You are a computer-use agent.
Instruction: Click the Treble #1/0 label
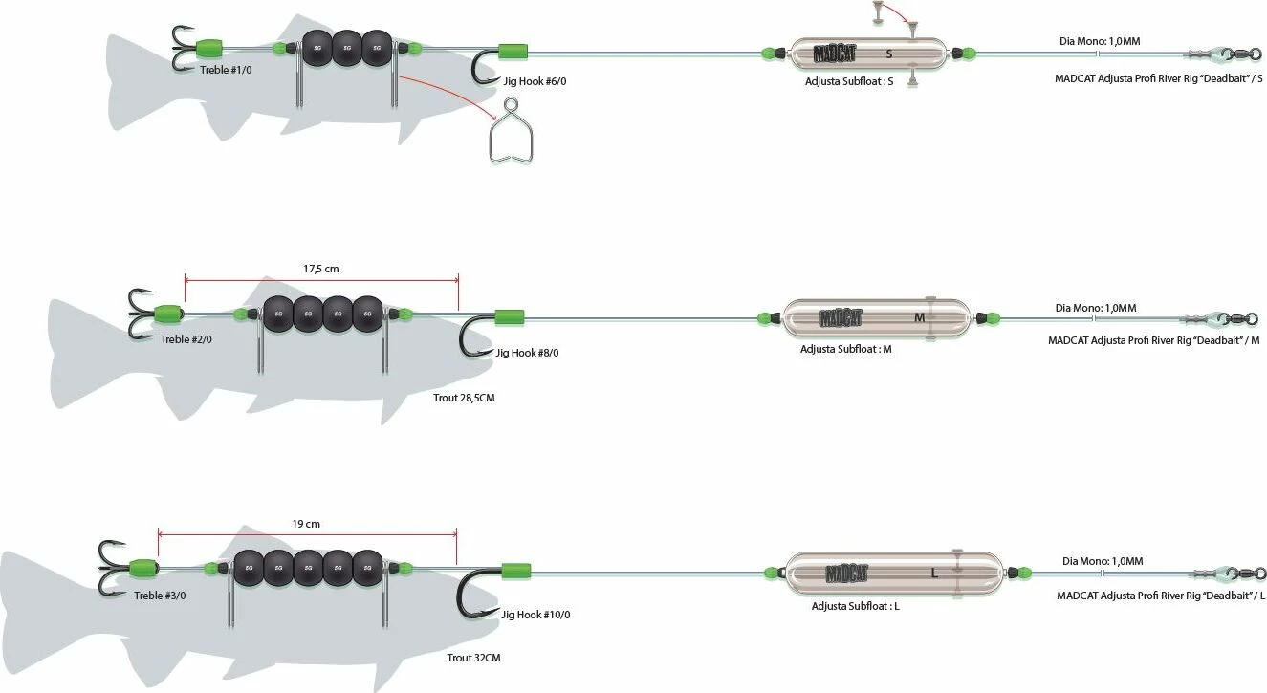coord(226,70)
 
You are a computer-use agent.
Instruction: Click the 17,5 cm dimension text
coord(321,269)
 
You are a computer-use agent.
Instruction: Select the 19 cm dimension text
coord(306,524)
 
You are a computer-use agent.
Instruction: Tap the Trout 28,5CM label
coord(464,398)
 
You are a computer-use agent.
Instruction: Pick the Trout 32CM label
coord(473,658)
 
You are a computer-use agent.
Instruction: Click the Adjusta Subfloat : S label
coord(849,82)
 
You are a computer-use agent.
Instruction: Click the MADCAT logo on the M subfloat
coord(840,317)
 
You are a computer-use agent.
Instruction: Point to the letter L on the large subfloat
coord(934,574)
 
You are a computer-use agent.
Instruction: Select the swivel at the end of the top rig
coord(1224,54)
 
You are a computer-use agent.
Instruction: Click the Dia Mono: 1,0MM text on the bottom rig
coord(1103,561)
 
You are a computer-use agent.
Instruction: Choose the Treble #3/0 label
coord(160,596)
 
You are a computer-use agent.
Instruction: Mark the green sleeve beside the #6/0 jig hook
coord(513,52)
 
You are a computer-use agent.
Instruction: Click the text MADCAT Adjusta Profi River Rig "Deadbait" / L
coord(1160,596)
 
